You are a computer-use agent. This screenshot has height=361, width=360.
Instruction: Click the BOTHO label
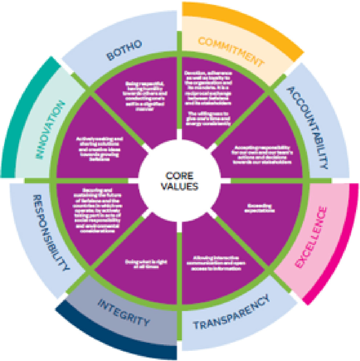(124, 50)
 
